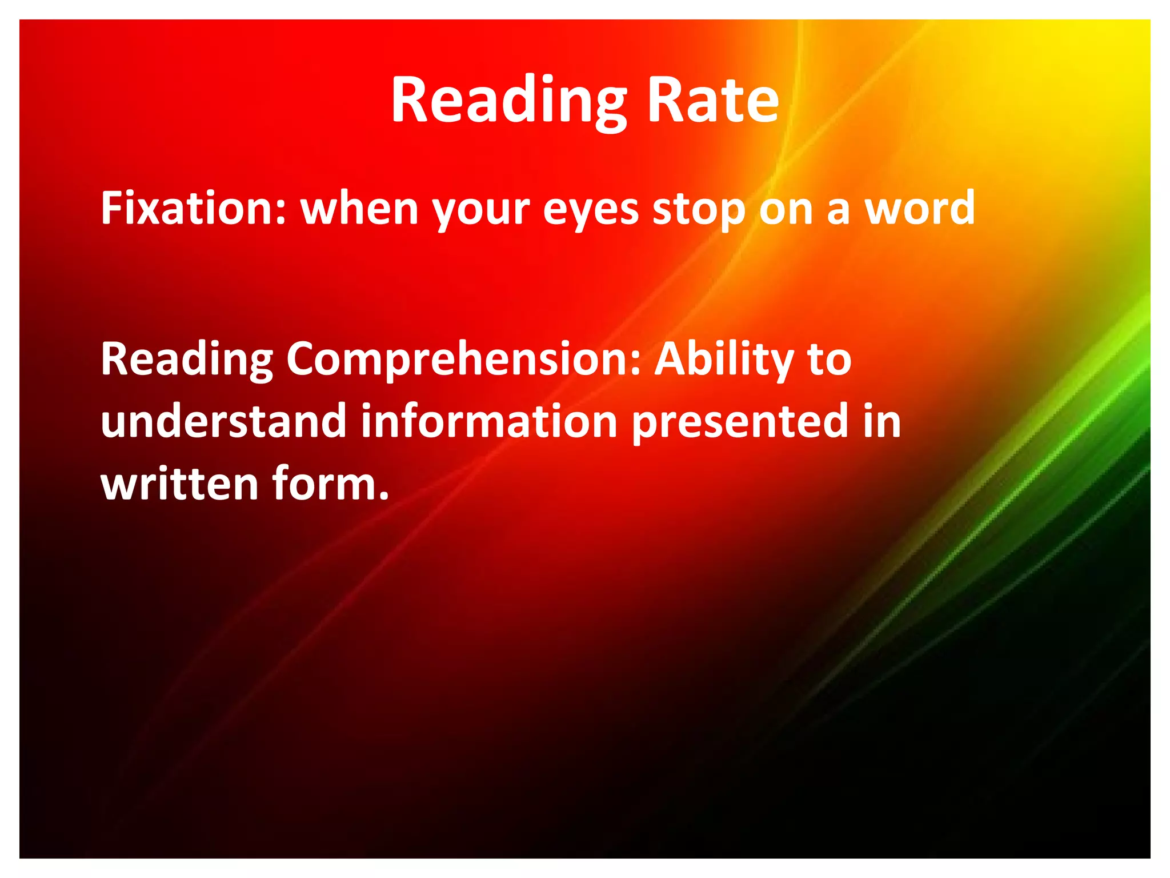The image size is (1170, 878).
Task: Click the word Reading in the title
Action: [508, 102]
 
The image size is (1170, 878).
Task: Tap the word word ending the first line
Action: [919, 208]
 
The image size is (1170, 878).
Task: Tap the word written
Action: [179, 484]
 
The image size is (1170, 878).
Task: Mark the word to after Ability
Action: [829, 360]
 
